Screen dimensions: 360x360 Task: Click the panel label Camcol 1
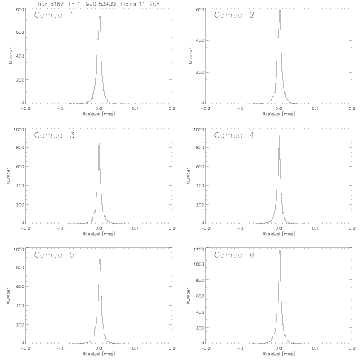54,15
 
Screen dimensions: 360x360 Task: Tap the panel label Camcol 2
234,15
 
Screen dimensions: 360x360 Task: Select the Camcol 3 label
54,135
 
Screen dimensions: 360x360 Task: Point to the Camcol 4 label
234,135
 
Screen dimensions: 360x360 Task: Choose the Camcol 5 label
54,255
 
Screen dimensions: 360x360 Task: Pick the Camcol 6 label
234,255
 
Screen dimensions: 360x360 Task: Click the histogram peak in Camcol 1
100,16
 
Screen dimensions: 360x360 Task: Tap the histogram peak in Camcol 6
280,250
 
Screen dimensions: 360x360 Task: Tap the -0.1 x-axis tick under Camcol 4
242,229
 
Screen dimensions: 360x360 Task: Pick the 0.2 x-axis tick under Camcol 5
172,349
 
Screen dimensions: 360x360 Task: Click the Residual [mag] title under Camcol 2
279,114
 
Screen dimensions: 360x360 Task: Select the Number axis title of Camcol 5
9,296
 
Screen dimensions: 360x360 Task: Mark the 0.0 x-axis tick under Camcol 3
99,229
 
